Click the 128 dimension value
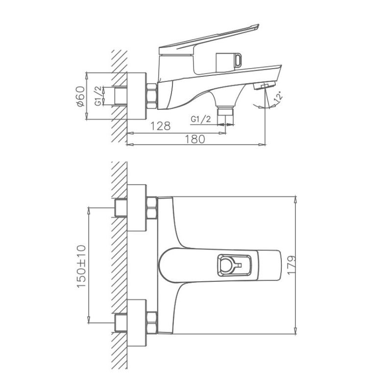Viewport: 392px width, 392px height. [160, 126]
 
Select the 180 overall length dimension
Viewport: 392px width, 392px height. [195, 139]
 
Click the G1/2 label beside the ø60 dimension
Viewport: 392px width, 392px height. [99, 96]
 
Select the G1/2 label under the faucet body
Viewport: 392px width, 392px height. [200, 119]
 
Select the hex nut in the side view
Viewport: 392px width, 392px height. [151, 96]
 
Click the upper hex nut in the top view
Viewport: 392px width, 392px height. [151, 207]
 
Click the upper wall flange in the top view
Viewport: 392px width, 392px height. [137, 207]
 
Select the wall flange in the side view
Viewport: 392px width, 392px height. [137, 96]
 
